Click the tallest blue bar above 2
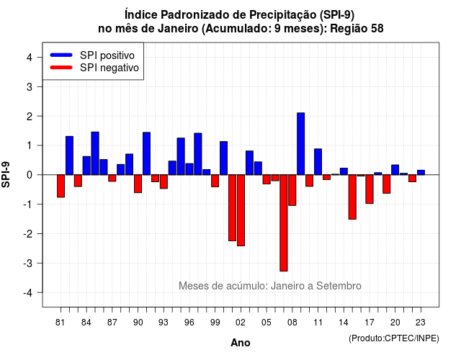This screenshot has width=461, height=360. click(x=301, y=144)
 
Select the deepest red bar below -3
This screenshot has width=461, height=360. click(x=284, y=222)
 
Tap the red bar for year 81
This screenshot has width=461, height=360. click(x=61, y=186)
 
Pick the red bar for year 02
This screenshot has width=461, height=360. click(x=241, y=210)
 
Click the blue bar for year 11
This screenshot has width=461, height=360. click(x=318, y=161)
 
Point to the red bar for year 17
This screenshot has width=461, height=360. click(x=370, y=189)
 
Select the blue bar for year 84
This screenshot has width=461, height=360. click(x=86, y=166)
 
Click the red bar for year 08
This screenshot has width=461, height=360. click(x=292, y=190)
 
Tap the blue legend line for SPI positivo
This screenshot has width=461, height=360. click(x=61, y=55)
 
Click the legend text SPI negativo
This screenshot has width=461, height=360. click(x=109, y=68)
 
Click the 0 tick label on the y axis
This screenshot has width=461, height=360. click(x=30, y=175)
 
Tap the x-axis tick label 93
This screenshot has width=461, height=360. click(x=164, y=323)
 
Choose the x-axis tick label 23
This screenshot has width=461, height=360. click(x=421, y=323)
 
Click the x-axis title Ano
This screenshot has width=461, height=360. click(x=241, y=343)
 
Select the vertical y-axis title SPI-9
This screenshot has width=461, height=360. click(x=6, y=174)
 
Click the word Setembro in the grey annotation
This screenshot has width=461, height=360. click(x=339, y=286)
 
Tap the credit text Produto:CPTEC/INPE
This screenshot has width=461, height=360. click(x=394, y=338)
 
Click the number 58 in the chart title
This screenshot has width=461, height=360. click(x=377, y=29)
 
